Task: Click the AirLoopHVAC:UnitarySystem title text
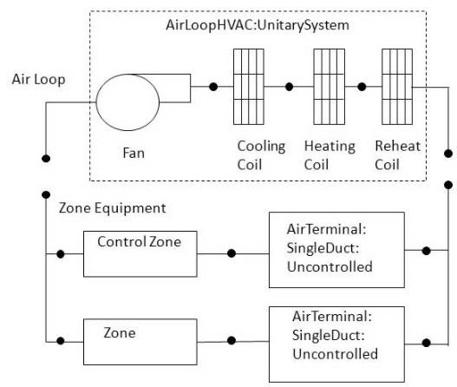(x=258, y=25)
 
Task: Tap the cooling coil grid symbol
(x=249, y=87)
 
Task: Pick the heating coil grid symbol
(x=329, y=87)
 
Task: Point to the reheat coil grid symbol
(x=397, y=87)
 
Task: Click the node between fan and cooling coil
(x=213, y=87)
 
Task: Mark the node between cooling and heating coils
(x=289, y=87)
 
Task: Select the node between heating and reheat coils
(x=362, y=87)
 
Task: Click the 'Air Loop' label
(x=38, y=79)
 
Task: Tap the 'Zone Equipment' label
(x=112, y=208)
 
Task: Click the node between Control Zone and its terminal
(x=232, y=253)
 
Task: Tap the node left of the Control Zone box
(x=61, y=254)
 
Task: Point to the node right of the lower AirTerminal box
(x=426, y=343)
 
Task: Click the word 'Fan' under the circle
(x=134, y=153)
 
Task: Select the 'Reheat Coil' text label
(x=397, y=155)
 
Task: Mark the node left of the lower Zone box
(x=61, y=341)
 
